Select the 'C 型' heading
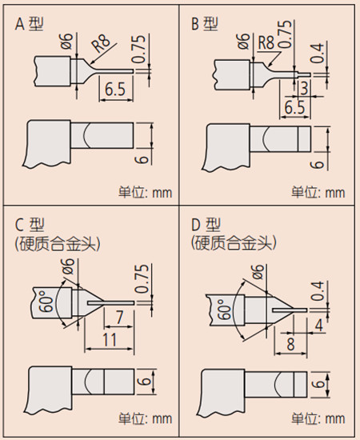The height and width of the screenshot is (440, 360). (30, 225)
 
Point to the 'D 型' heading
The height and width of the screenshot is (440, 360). (206, 225)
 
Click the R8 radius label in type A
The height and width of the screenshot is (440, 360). (101, 44)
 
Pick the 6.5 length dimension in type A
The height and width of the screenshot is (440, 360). (115, 90)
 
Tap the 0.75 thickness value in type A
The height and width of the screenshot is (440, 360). (140, 50)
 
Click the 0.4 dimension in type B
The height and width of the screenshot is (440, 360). (318, 54)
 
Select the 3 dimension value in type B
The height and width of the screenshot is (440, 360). (304, 88)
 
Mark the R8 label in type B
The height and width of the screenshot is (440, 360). (266, 43)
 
